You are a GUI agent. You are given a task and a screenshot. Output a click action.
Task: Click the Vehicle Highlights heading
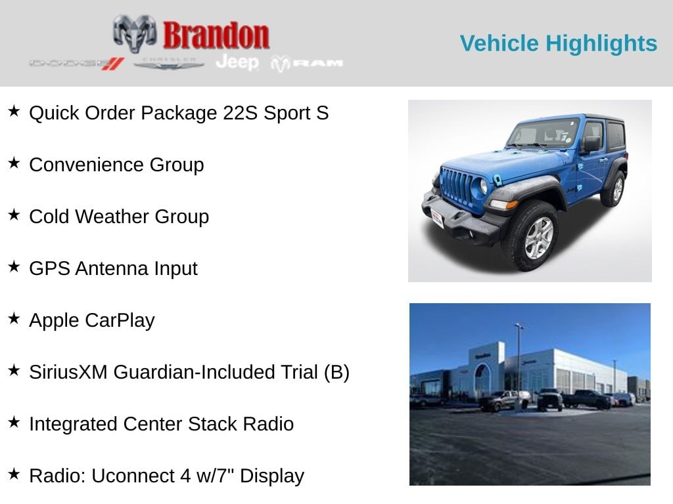558,43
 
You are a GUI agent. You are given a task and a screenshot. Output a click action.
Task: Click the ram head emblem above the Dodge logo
134,33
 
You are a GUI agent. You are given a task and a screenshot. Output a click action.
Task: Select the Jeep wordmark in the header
237,62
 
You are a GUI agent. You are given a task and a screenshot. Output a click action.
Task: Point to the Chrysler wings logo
169,64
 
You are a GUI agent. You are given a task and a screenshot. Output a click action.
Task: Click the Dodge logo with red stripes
76,64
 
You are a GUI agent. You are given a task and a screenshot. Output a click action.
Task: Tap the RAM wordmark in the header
308,63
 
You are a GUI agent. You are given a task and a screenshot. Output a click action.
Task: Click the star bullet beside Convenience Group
14,163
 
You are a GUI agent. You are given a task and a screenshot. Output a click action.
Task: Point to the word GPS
49,268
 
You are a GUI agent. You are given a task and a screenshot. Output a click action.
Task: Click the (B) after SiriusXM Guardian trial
336,372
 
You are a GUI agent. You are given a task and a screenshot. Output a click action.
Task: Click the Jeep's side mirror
591,144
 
